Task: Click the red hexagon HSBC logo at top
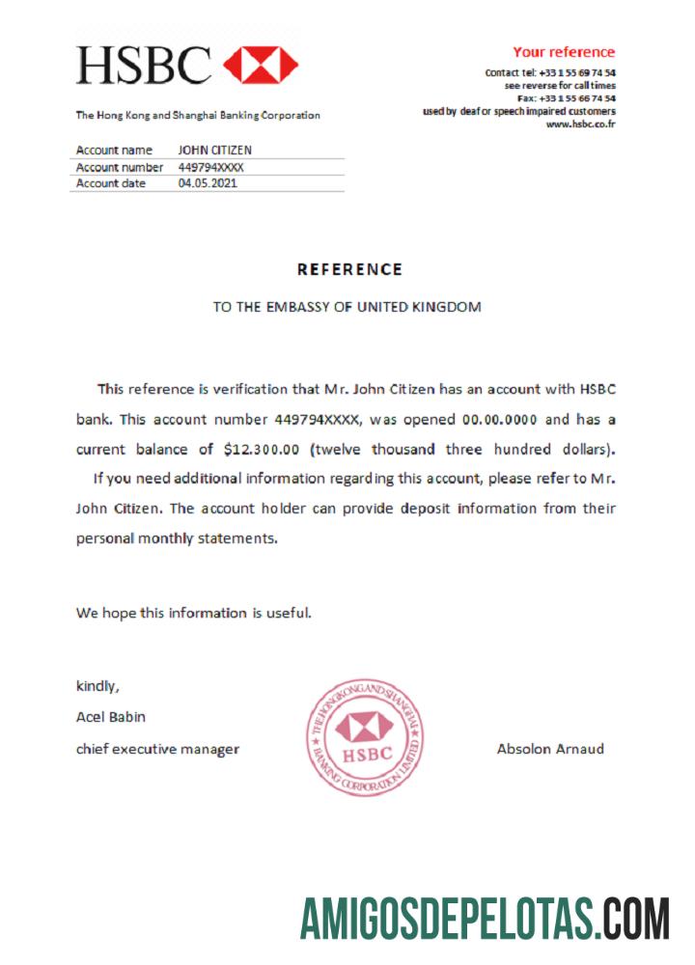[261, 65]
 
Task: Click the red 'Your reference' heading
[563, 52]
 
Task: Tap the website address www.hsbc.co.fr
[580, 124]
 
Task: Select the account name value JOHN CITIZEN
[215, 151]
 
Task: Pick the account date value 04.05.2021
[208, 183]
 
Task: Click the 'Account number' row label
[120, 167]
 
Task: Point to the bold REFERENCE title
[348, 269]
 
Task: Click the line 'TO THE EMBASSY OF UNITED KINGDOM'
[347, 307]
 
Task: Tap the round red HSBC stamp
[366, 736]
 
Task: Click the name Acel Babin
[111, 717]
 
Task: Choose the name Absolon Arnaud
[550, 748]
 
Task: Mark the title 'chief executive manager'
[157, 749]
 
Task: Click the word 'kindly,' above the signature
[97, 686]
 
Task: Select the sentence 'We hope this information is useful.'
[194, 612]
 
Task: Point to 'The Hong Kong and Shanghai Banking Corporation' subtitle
[198, 116]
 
